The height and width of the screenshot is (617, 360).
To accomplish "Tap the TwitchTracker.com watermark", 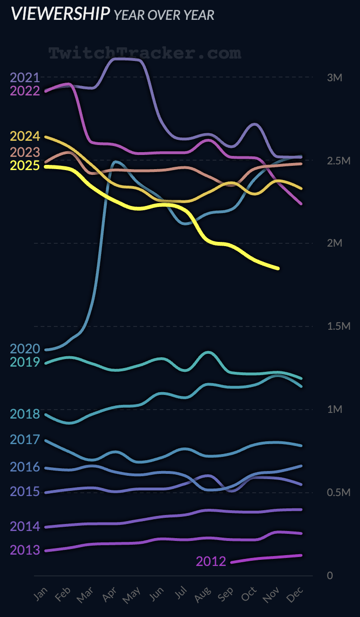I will click(x=145, y=53).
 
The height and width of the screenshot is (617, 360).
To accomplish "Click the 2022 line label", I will click(x=25, y=91).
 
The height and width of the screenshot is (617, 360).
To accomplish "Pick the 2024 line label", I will click(x=25, y=137).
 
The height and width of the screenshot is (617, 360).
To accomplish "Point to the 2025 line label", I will click(x=25, y=166).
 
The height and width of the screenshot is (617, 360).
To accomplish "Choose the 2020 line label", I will click(x=25, y=349).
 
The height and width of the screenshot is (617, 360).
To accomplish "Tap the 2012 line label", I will click(x=211, y=561).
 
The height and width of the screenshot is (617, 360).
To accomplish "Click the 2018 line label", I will click(x=25, y=414).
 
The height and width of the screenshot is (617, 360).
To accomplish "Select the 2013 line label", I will click(x=25, y=550).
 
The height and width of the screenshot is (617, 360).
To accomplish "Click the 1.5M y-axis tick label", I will click(x=339, y=326).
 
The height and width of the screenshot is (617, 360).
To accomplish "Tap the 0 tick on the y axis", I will click(x=330, y=575).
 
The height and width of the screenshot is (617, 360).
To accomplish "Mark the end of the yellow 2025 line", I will click(x=278, y=268).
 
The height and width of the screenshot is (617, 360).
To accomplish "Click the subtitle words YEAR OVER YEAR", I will click(x=164, y=15).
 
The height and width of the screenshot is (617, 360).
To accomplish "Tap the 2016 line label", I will click(x=25, y=467).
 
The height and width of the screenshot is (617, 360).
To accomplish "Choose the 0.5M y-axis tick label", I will click(x=339, y=493).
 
